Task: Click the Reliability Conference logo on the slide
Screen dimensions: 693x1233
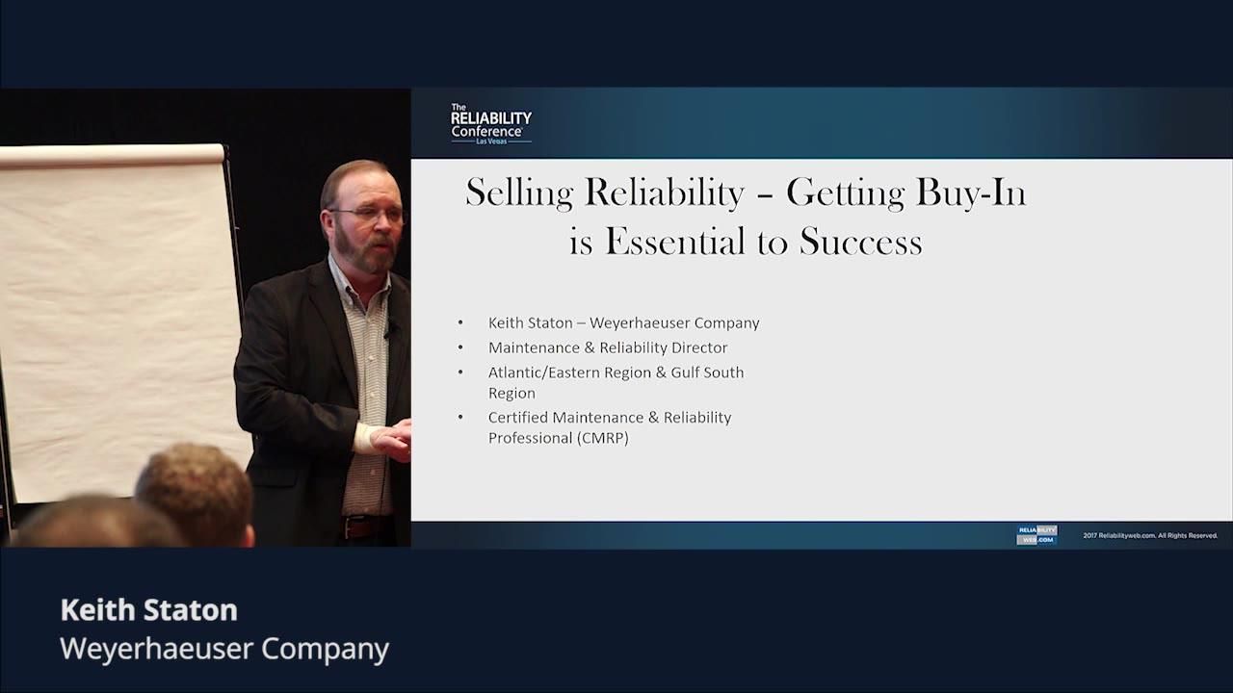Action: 490,124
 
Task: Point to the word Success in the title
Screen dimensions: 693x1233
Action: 860,242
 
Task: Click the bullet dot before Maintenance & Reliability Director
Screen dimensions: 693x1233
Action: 461,347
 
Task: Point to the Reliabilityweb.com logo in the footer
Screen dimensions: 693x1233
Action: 1036,535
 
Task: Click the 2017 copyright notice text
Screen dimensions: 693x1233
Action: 1150,536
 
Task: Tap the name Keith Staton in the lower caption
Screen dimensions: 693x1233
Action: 148,610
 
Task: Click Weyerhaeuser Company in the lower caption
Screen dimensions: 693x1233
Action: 223,649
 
